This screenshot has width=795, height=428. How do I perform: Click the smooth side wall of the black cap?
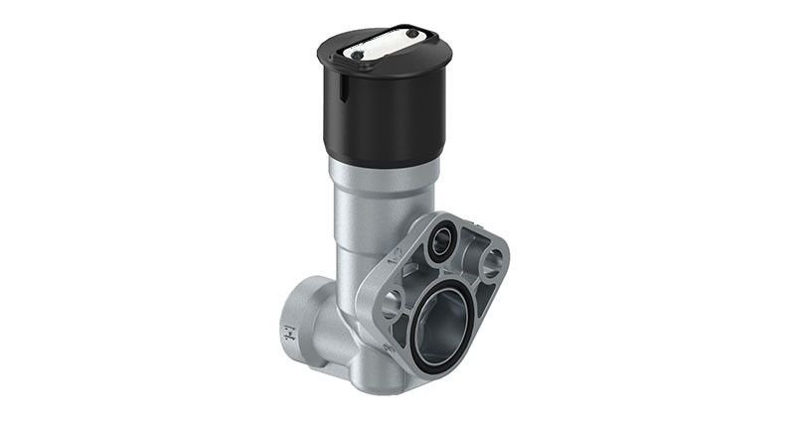point(388,114)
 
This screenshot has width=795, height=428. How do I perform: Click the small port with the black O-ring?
point(438,245)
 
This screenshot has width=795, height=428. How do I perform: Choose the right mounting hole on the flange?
point(491,263)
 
